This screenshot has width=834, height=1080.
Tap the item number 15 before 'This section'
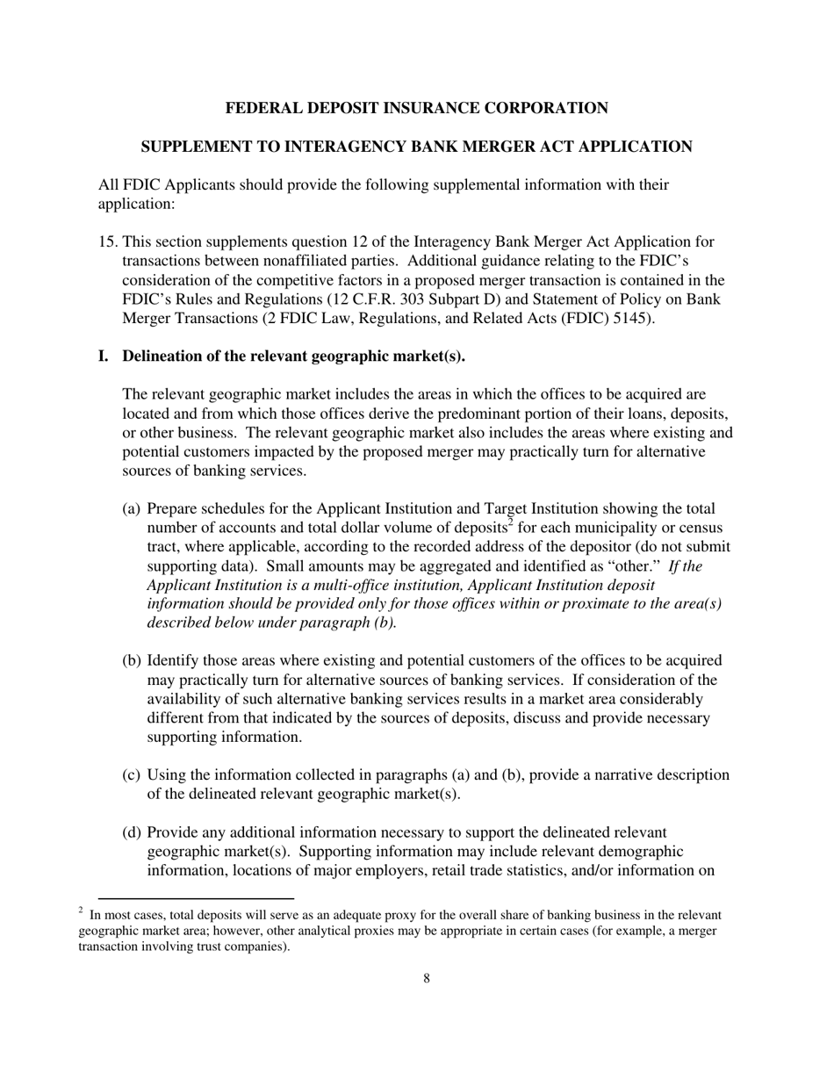pyautogui.click(x=107, y=242)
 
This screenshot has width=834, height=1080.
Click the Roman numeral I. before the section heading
pyautogui.click(x=104, y=356)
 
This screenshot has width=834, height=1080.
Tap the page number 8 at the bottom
pyautogui.click(x=427, y=979)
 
